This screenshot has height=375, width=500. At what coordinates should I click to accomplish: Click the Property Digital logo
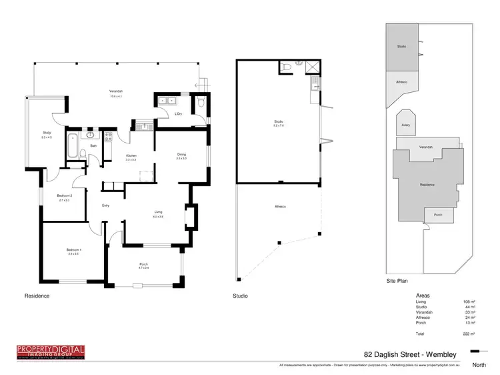51,352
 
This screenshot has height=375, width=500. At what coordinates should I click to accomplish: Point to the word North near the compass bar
479,365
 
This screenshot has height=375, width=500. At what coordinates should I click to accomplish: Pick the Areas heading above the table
423,295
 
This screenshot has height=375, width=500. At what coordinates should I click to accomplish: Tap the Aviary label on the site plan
406,125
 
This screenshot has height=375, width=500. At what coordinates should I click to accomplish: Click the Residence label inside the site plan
427,184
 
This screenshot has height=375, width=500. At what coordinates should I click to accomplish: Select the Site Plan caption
398,282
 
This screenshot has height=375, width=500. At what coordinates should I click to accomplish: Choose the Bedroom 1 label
72,251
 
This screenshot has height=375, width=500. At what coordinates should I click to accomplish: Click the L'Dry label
179,114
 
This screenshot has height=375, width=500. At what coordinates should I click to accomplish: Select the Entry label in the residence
105,205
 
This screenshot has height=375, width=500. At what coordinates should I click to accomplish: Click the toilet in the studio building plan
287,67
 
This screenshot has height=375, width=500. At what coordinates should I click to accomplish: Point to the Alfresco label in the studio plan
280,206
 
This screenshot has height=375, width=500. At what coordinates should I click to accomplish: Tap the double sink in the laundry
166,101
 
